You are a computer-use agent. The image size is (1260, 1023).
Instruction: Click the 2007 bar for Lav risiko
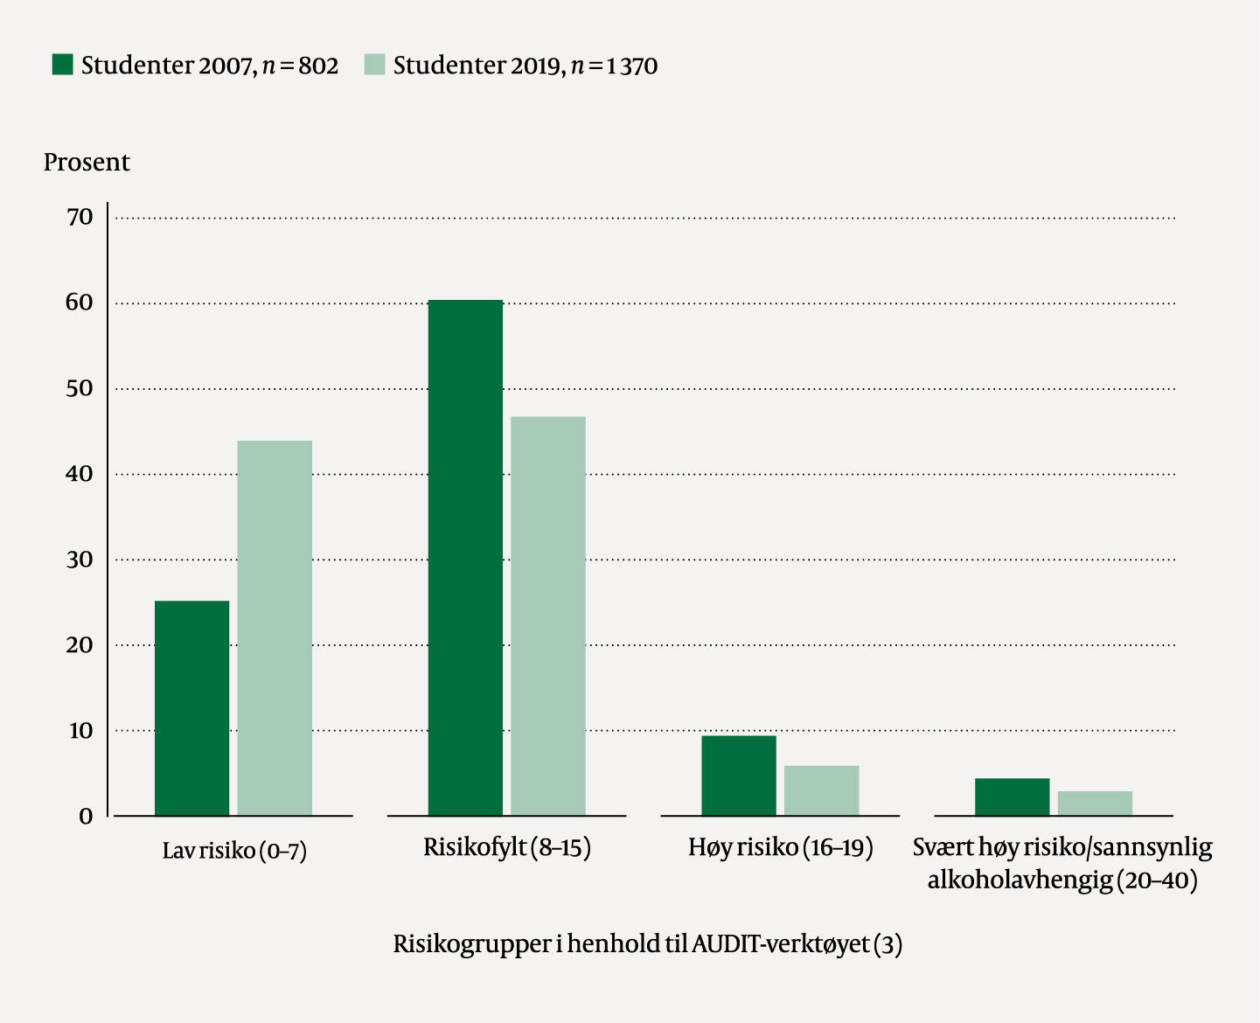[191, 707]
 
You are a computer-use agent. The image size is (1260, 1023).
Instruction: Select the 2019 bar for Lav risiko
[275, 628]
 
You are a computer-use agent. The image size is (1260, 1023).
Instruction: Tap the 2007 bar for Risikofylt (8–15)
[465, 557]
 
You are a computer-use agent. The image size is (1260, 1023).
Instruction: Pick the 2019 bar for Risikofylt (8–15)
[548, 616]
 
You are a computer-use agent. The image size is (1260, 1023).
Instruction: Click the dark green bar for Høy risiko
[739, 776]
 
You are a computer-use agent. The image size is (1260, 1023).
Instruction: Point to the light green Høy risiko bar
[822, 790]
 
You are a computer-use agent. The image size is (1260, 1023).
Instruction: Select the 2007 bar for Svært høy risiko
[1012, 797]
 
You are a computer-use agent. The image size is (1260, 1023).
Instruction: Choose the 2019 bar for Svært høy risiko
[1095, 803]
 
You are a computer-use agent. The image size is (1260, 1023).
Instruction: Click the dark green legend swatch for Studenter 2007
[62, 65]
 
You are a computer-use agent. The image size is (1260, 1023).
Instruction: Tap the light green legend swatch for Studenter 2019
[374, 65]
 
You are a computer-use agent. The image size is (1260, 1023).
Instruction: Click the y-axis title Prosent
[87, 163]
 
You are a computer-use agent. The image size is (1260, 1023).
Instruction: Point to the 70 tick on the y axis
[80, 217]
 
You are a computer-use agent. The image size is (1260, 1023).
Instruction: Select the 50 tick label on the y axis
[80, 388]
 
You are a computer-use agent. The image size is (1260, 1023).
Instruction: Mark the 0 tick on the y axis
[86, 817]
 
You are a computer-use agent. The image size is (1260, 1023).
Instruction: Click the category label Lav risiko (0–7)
[234, 851]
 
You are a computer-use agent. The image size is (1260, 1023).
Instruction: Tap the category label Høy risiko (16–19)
[780, 847]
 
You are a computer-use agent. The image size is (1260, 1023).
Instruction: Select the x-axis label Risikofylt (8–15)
[507, 847]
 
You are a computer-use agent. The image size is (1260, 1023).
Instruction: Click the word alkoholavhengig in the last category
[1020, 880]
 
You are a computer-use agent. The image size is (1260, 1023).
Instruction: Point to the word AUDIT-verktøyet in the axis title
[780, 944]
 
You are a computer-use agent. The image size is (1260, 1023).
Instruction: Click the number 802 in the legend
[318, 66]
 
